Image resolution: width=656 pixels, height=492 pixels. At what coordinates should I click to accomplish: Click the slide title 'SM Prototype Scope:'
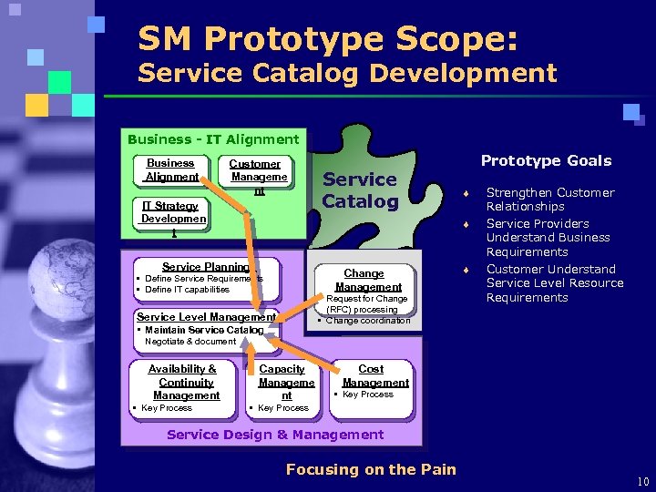(328, 39)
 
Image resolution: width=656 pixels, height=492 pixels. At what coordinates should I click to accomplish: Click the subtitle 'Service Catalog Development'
(346, 73)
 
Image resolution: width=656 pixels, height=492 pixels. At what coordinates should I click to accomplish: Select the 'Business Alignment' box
(171, 170)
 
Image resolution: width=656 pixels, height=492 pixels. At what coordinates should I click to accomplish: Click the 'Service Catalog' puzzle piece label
(361, 190)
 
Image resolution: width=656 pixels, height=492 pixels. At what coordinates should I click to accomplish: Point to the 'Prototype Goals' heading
(546, 160)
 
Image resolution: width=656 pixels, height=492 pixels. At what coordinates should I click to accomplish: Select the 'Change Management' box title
(364, 280)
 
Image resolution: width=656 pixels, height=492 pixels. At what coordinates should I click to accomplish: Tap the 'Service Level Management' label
(206, 317)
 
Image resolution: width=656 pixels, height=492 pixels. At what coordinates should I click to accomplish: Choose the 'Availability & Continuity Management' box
(186, 382)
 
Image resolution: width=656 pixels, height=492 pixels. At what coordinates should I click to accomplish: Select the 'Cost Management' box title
(371, 375)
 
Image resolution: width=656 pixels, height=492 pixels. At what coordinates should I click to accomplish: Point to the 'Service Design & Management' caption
(275, 435)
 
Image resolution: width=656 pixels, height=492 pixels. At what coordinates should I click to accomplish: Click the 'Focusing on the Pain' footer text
(371, 469)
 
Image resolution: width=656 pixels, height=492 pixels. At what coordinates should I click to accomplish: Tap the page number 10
(643, 481)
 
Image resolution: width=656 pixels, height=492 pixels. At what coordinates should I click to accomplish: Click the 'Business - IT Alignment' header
(213, 139)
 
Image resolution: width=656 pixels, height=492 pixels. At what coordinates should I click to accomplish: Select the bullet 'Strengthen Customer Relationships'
(549, 200)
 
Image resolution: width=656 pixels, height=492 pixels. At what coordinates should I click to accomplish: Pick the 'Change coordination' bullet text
(368, 321)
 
